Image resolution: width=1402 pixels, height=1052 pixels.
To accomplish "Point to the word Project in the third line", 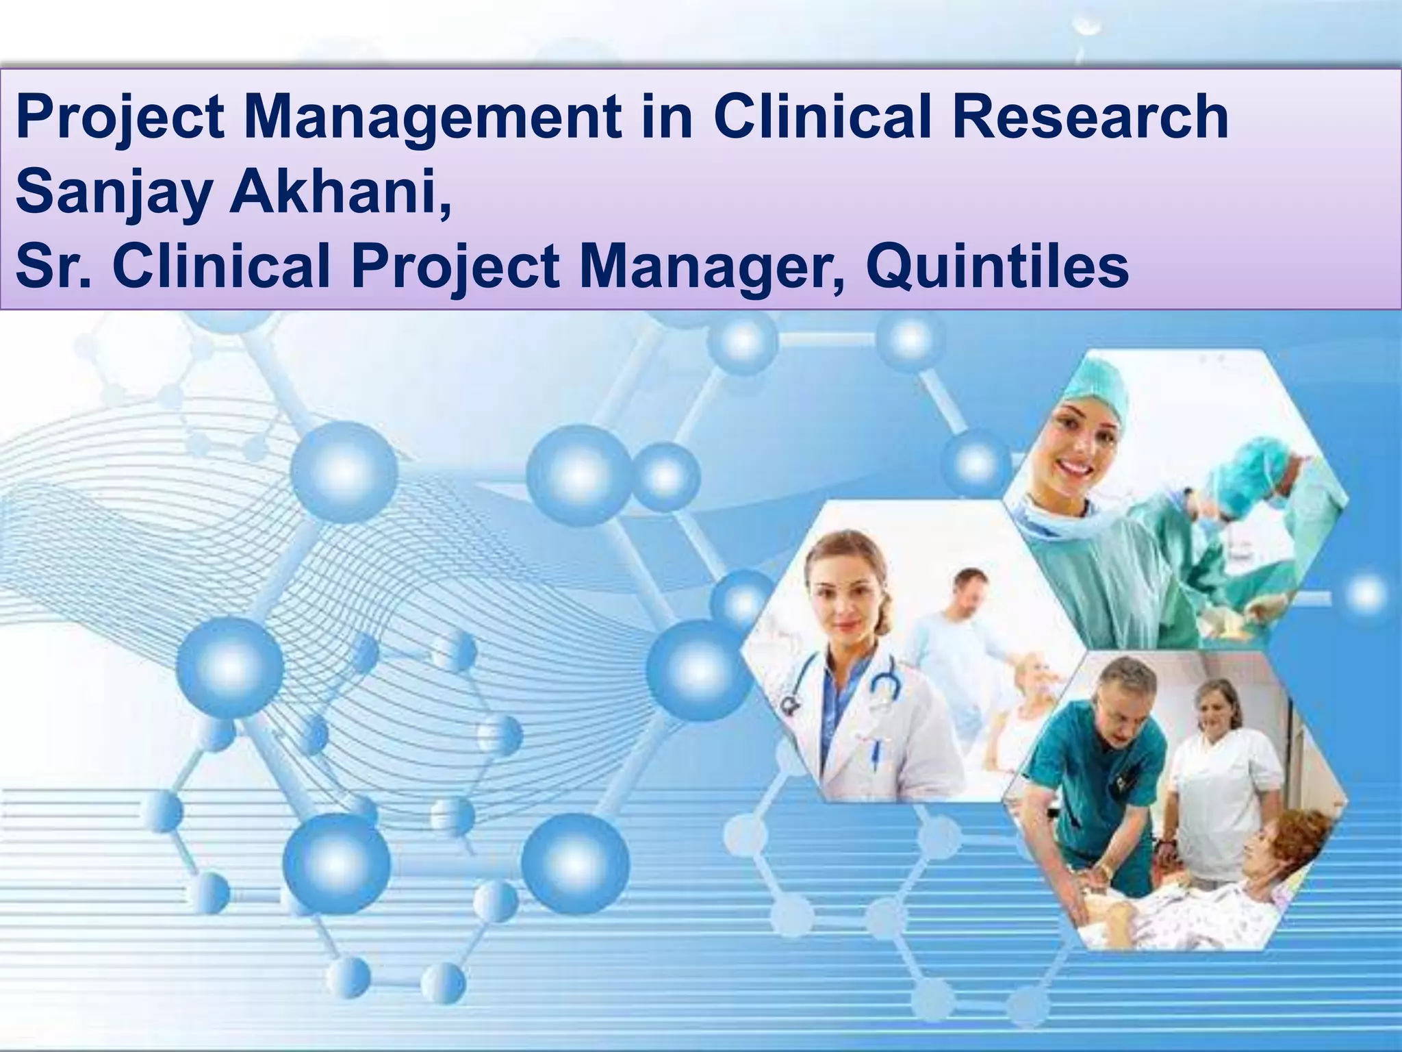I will pyautogui.click(x=455, y=268).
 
